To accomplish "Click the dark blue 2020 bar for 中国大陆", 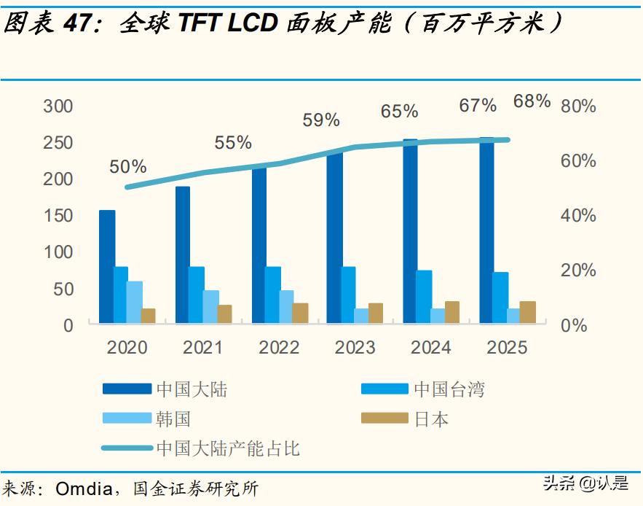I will (x=107, y=266).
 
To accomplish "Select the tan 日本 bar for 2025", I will (x=527, y=312).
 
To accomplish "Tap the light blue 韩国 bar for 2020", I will (x=134, y=302).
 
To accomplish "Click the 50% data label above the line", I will (x=128, y=167).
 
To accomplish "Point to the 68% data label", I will (x=532, y=101).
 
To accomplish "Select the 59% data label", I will (x=321, y=120).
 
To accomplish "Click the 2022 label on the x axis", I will (x=279, y=348).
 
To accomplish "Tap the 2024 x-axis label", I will (x=430, y=348).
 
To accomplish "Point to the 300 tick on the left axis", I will (x=58, y=106).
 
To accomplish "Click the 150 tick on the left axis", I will (x=58, y=216).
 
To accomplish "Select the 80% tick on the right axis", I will (x=578, y=106).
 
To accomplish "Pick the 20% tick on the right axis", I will (x=578, y=270).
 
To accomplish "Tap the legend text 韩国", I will (x=174, y=419).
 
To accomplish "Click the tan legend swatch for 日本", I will (x=384, y=419).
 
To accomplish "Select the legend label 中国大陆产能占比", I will (x=228, y=448).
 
